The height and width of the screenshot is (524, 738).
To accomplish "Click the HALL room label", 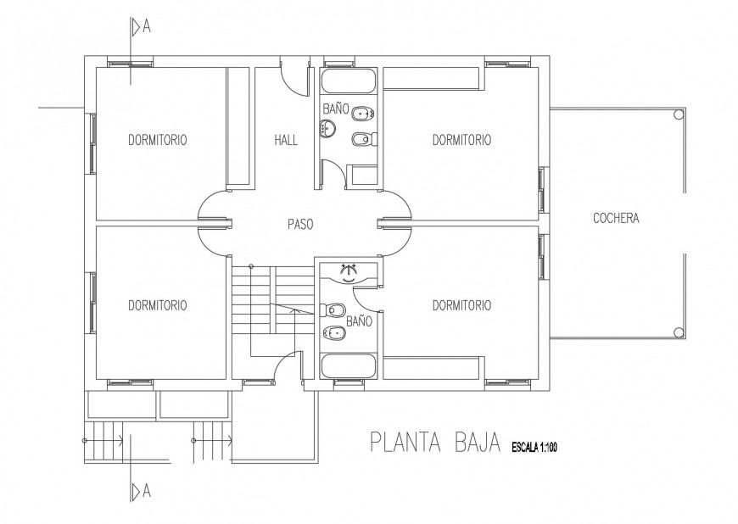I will tap(286, 140).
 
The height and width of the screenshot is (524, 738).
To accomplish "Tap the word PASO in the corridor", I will tap(300, 226).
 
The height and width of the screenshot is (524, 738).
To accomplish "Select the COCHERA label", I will tap(615, 219).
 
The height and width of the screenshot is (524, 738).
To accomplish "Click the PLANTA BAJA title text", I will tap(433, 443).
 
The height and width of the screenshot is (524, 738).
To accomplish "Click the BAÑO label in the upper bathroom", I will tap(335, 109).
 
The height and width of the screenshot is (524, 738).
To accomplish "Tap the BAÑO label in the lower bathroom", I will tap(359, 321).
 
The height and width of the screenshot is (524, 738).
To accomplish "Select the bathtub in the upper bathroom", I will tap(349, 82).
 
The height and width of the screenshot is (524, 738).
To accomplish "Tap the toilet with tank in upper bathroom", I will tap(363, 113).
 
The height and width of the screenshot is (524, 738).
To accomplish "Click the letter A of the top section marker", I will tap(147, 26).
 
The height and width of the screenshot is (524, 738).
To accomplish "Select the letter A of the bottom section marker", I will tap(147, 491).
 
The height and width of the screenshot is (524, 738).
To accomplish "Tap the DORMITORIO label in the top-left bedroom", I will tap(158, 140).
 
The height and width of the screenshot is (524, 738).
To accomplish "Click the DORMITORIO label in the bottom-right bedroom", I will tap(461, 305).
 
